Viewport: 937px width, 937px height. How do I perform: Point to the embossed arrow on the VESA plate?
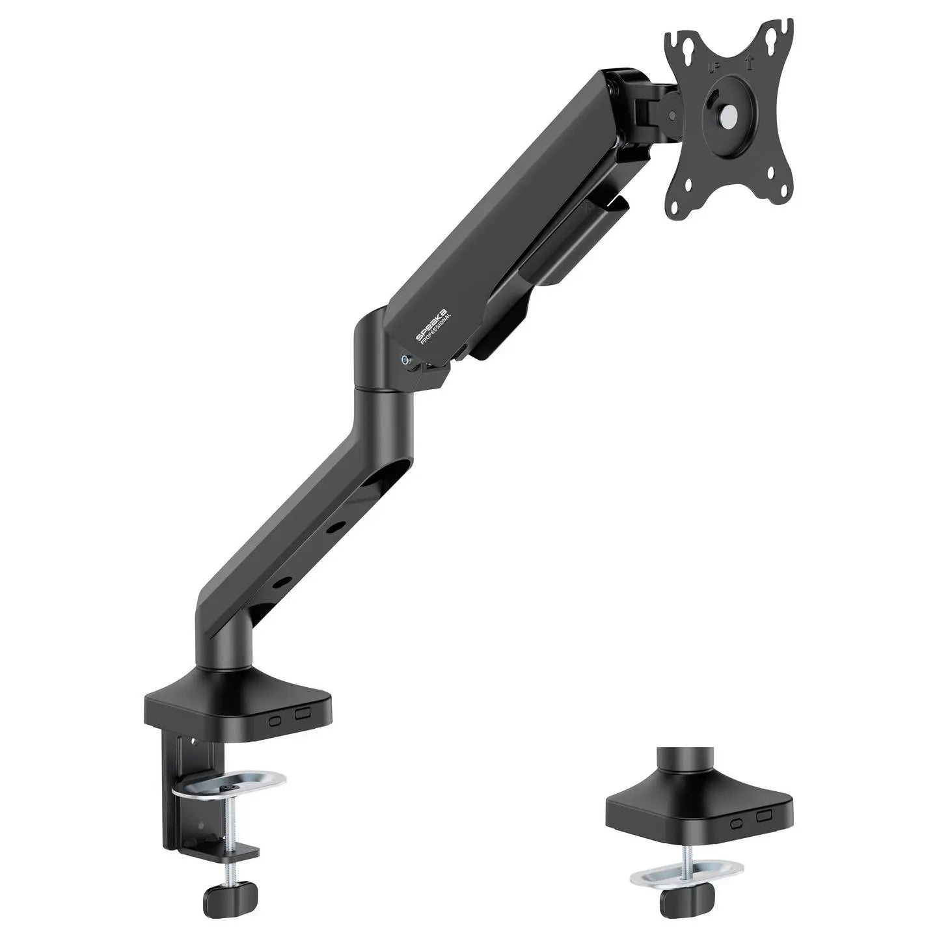tap(748, 62)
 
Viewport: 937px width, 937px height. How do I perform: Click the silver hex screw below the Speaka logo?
tap(407, 359)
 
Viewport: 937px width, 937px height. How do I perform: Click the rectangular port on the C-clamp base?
tap(303, 713)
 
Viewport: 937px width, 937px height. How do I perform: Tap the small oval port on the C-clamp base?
tap(275, 720)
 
